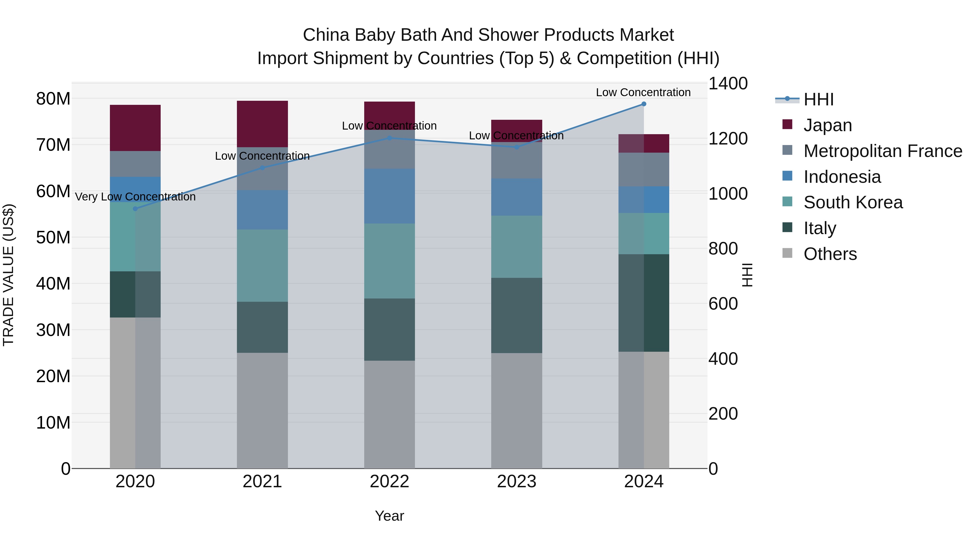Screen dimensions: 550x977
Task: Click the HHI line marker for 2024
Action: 644,104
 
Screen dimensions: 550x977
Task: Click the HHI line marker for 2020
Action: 135,209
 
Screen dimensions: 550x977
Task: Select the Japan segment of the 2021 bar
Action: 262,124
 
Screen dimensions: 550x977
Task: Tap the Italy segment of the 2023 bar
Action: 516,315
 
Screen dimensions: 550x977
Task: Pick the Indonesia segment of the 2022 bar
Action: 389,196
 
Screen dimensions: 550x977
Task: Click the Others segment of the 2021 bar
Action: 262,410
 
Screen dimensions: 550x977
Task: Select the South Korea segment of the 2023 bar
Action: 516,247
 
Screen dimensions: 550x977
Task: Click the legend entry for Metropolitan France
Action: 883,151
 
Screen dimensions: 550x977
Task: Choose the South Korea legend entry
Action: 853,202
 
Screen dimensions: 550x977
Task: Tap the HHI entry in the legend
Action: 819,99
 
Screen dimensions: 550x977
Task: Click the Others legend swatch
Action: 787,253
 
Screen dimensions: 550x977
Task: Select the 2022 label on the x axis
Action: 389,482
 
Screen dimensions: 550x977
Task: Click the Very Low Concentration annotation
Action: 135,197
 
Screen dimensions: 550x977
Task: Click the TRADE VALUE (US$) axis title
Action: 8,275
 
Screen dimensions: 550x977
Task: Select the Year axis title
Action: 389,516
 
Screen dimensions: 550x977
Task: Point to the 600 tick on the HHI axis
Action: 723,304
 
